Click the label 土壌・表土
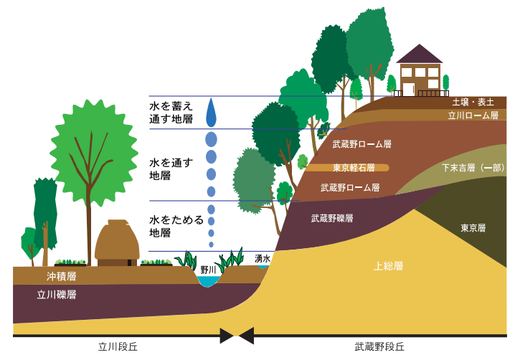[473, 102]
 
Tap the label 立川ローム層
[473, 115]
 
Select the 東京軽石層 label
[354, 168]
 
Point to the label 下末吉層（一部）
[473, 168]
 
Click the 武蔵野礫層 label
[332, 219]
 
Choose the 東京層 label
[473, 228]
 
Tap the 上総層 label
[389, 266]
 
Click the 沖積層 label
[62, 277]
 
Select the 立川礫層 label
[57, 295]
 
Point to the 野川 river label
[208, 270]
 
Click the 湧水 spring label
[263, 259]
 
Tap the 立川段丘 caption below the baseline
[118, 347]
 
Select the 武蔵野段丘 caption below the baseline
[379, 347]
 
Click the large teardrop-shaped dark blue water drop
[211, 113]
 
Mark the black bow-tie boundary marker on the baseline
[237, 336]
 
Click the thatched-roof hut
[117, 243]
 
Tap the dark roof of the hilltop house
[419, 55]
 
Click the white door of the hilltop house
[409, 90]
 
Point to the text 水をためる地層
[176, 227]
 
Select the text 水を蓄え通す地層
[171, 113]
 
